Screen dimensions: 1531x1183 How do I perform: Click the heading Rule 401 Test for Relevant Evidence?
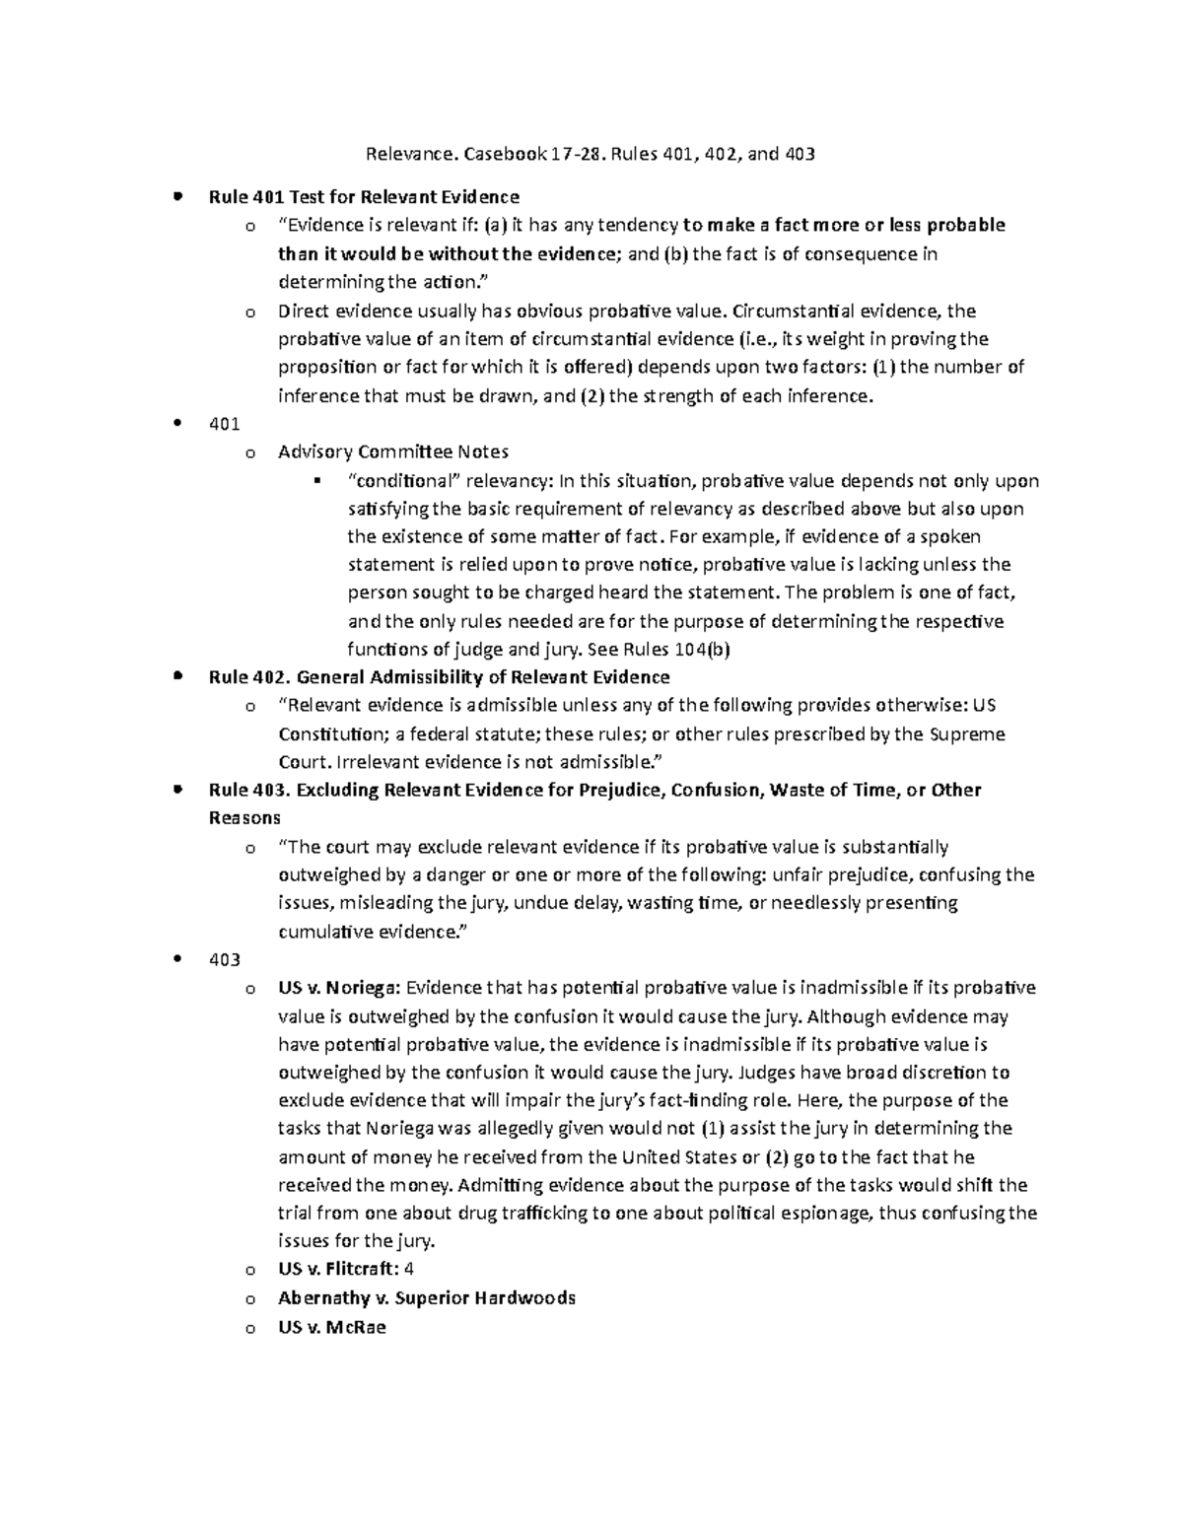(364, 196)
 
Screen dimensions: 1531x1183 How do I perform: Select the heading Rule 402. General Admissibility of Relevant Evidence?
(439, 677)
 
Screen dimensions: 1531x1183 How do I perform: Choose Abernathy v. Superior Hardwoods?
(427, 1297)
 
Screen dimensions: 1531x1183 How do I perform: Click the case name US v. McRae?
(332, 1327)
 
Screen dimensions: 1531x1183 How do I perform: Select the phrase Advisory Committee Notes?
(393, 452)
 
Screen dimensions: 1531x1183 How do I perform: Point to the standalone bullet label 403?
(225, 959)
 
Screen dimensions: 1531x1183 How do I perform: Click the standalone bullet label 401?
(225, 424)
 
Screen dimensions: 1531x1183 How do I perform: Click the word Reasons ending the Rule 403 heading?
(244, 818)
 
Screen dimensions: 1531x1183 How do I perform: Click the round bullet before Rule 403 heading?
(177, 790)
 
